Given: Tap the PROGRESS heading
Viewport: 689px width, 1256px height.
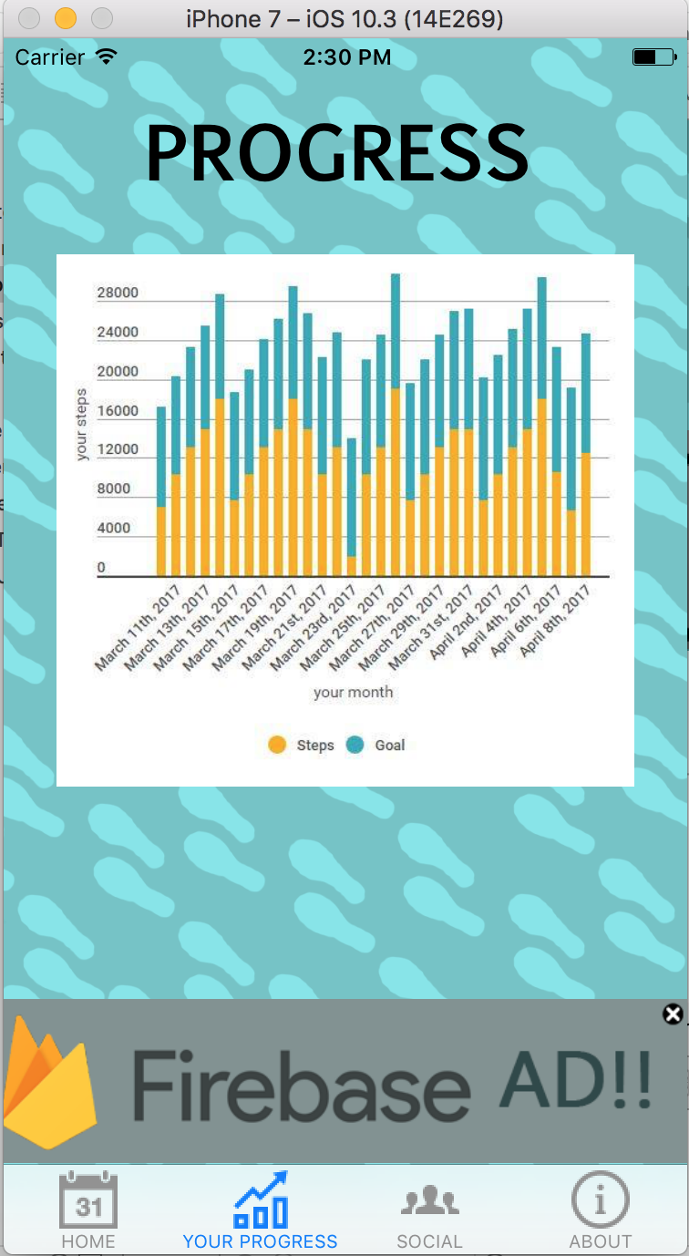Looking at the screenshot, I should click(337, 153).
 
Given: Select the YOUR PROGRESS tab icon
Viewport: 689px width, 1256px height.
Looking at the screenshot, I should click(261, 1200).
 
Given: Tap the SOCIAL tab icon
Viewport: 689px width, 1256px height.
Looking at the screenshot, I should click(429, 1200).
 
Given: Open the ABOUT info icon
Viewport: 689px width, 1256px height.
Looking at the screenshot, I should click(600, 1199).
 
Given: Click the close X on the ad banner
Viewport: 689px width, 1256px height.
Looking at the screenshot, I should click(673, 1014).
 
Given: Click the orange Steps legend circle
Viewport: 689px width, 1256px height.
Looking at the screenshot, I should click(277, 745).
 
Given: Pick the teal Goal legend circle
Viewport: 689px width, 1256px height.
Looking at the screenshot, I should click(355, 745).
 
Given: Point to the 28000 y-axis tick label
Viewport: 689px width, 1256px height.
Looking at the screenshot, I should click(118, 293).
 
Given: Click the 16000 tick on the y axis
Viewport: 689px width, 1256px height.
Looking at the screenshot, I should click(118, 411).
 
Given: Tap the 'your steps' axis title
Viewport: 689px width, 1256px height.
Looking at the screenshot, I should click(83, 425).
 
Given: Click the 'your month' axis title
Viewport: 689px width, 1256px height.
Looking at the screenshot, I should click(354, 693).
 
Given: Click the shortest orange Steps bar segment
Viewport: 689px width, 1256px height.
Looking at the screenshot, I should click(352, 566).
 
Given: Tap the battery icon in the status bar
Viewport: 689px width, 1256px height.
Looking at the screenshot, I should click(653, 57).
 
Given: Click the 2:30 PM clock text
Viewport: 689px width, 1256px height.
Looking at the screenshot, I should click(347, 57).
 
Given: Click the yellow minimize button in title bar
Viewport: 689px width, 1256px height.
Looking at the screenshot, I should click(66, 18).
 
